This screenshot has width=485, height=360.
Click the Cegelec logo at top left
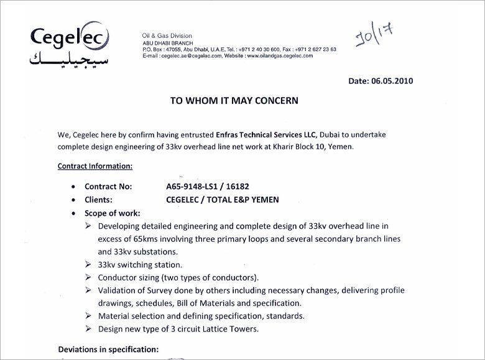point(63,38)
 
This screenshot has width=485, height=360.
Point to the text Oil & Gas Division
point(167,35)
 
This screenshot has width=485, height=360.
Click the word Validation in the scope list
point(117,291)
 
